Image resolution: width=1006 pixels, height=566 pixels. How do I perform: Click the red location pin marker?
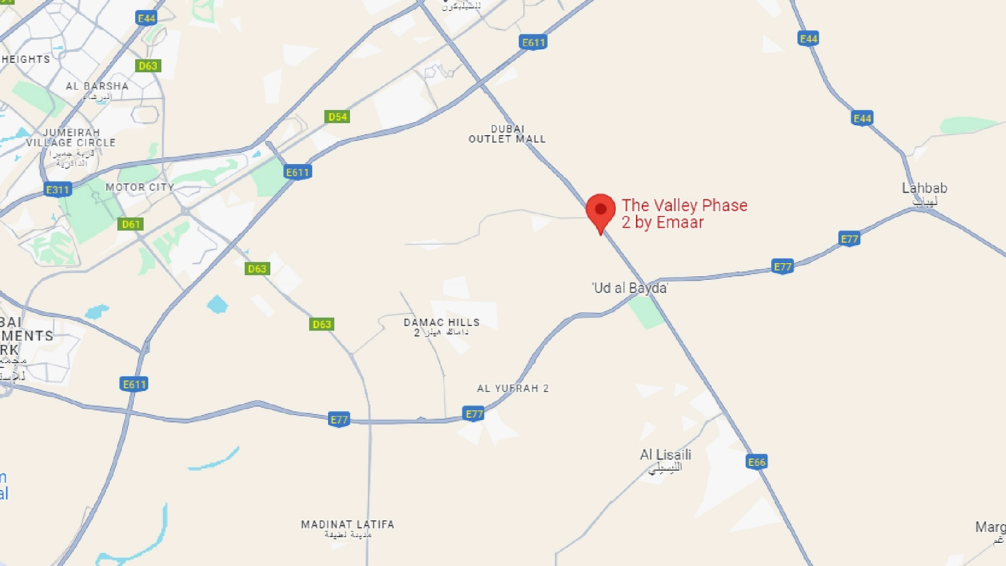(600, 210)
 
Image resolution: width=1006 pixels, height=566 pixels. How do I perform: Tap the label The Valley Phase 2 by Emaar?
(684, 214)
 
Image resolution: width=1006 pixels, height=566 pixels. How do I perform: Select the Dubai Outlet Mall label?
(507, 134)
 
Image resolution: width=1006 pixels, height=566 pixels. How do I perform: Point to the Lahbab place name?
(924, 189)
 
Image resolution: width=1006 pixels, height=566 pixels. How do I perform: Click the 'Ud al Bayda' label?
(629, 288)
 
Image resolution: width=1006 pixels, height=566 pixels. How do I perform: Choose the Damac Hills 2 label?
(441, 327)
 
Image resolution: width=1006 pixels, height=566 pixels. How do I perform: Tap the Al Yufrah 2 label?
(512, 388)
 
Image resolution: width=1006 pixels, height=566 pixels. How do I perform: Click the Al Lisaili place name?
(666, 455)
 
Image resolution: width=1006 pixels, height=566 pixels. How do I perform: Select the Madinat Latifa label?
(348, 525)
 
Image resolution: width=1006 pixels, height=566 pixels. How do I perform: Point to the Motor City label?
(139, 187)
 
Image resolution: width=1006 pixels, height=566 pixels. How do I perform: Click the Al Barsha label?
(97, 86)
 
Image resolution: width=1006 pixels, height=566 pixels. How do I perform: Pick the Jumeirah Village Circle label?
(70, 138)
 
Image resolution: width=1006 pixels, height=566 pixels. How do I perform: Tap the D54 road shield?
(338, 116)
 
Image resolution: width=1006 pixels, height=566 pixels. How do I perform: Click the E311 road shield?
(58, 190)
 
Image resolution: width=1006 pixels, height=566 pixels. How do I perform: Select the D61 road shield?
(131, 224)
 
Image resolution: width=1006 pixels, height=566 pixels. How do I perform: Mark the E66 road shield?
(757, 462)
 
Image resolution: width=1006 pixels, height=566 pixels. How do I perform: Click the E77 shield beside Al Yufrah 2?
(474, 413)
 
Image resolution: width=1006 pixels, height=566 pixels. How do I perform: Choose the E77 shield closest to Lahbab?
(849, 239)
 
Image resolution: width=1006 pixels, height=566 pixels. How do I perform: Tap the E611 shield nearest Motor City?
(297, 172)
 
